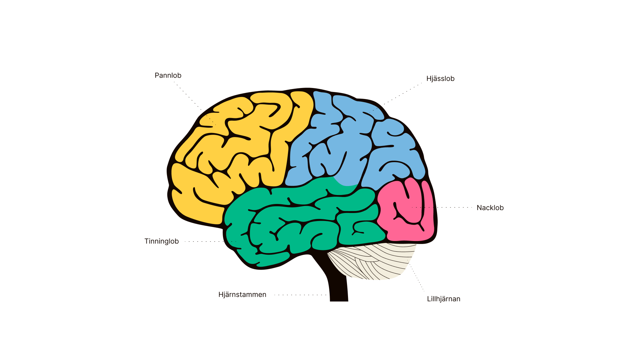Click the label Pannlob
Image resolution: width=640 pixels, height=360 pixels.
tap(168, 76)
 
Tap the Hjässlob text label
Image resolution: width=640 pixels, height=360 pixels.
tap(440, 79)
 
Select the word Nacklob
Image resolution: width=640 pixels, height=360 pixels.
tap(490, 208)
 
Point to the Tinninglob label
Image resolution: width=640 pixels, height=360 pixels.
tap(162, 241)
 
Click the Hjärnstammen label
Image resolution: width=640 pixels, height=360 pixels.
tap(242, 295)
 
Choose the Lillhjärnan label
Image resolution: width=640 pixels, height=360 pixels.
tap(444, 299)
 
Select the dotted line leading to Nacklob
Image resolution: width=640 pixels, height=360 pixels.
tap(447, 207)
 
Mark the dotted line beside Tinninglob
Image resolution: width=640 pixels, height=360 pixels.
tap(207, 241)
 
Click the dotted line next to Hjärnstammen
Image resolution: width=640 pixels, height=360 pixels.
tap(300, 295)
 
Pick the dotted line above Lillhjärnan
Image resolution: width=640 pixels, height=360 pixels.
tap(417, 277)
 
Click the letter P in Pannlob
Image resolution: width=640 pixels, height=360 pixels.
tap(157, 76)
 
